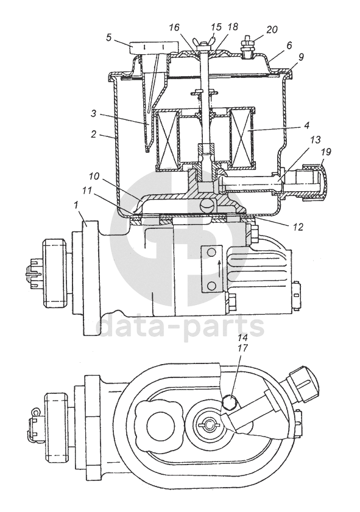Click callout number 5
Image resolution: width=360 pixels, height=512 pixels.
pyautogui.click(x=109, y=37)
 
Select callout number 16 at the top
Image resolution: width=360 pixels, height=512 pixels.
pyautogui.click(x=174, y=27)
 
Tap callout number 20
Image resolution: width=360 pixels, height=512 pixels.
pyautogui.click(x=272, y=30)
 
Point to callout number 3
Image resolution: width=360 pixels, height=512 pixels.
pyautogui.click(x=93, y=114)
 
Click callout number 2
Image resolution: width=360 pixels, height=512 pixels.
pyautogui.click(x=93, y=135)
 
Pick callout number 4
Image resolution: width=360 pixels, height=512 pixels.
pyautogui.click(x=306, y=125)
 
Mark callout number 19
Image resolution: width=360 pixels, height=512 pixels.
pyautogui.click(x=326, y=152)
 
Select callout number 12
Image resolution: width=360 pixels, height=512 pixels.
pyautogui.click(x=297, y=226)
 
